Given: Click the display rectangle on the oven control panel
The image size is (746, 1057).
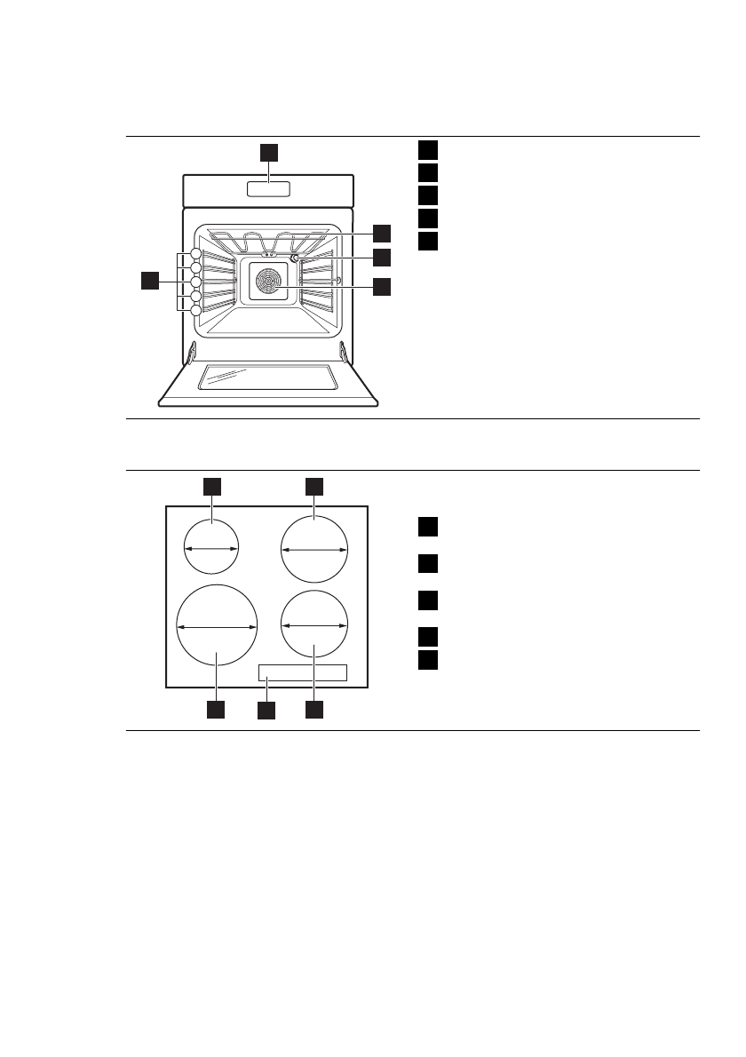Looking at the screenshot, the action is [268, 189].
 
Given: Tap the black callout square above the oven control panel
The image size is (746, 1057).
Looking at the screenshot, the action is [269, 152].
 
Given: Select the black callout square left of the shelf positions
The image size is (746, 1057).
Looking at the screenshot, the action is [150, 282].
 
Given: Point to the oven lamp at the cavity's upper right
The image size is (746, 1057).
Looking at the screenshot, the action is [294, 258].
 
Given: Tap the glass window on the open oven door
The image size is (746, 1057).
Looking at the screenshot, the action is [267, 377].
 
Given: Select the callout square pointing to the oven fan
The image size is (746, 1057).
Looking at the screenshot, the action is [381, 286].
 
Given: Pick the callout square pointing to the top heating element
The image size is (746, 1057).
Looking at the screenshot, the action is [381, 233].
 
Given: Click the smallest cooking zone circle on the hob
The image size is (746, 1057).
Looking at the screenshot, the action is [211, 549].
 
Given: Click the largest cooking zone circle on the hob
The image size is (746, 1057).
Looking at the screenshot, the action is [217, 626].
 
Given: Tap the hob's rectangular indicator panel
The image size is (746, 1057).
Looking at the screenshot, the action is [302, 673].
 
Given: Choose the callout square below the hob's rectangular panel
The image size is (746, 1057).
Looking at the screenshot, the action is [266, 711].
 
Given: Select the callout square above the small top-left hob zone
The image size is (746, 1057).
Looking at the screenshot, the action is [212, 486].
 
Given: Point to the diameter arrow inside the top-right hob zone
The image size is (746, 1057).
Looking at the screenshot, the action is [314, 551].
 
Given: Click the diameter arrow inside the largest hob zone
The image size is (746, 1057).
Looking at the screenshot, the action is [217, 627].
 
